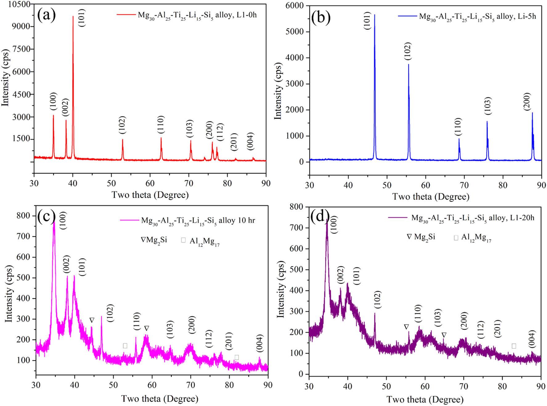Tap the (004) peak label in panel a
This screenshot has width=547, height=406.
251,141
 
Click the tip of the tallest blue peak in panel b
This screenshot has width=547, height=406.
374,15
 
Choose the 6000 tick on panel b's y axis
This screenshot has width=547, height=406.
296,6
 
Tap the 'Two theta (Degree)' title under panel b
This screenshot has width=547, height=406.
431,197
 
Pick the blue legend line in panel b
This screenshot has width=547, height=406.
407,16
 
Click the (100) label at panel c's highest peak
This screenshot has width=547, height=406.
63,220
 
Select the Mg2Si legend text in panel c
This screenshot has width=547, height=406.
154,240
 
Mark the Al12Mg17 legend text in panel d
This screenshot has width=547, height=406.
476,238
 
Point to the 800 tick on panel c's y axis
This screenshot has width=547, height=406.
24,216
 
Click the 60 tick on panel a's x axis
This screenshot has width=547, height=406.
150,183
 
